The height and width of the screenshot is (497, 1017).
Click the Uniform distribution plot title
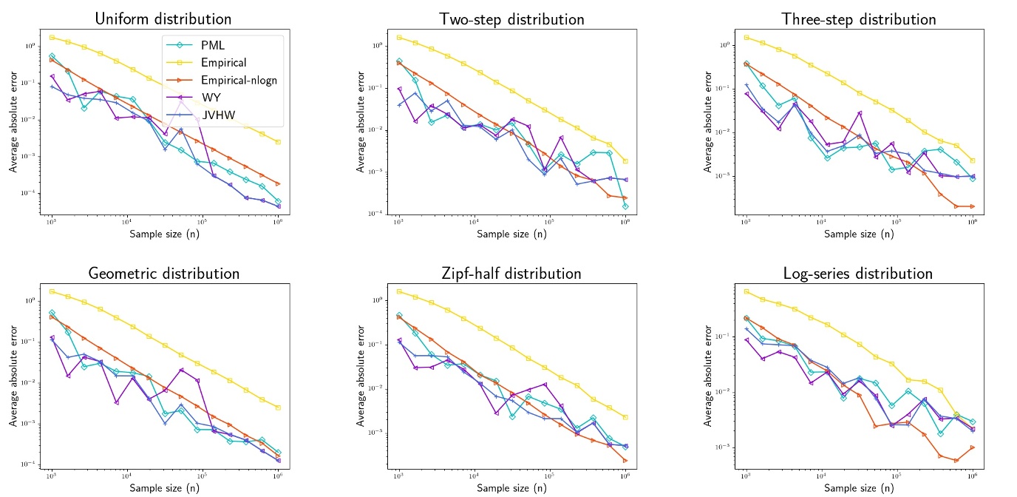(163, 18)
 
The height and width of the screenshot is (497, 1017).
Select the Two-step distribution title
(511, 18)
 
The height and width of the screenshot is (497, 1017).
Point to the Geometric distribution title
(163, 273)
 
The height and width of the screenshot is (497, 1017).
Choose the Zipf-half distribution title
(511, 273)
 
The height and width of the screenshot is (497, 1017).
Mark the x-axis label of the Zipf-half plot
(511, 487)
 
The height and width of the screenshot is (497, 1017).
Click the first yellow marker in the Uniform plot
(52, 37)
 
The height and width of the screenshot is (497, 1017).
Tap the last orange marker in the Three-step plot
(973, 206)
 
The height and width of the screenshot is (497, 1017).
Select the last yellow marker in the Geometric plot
(278, 408)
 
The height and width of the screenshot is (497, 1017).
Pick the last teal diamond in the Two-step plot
(625, 206)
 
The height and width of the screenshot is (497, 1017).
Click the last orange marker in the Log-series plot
(973, 447)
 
